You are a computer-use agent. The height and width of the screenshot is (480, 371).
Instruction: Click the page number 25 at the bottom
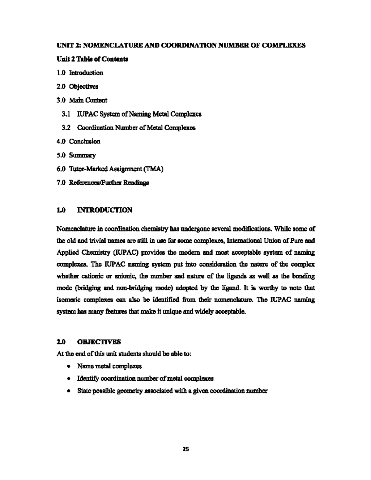click(185, 449)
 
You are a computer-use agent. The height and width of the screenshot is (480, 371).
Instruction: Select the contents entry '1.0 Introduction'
click(80, 73)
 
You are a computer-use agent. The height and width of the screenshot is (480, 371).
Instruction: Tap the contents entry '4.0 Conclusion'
click(79, 142)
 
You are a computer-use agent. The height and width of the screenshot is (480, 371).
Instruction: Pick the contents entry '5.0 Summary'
click(76, 155)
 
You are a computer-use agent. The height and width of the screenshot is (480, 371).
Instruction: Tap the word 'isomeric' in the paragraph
click(68, 300)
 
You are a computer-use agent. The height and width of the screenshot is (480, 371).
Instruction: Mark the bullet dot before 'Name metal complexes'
click(68, 367)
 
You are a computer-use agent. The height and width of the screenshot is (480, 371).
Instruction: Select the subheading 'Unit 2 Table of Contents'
click(92, 59)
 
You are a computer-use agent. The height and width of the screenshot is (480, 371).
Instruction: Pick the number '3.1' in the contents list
click(66, 114)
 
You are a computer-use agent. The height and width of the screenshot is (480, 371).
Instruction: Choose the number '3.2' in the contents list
click(66, 128)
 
